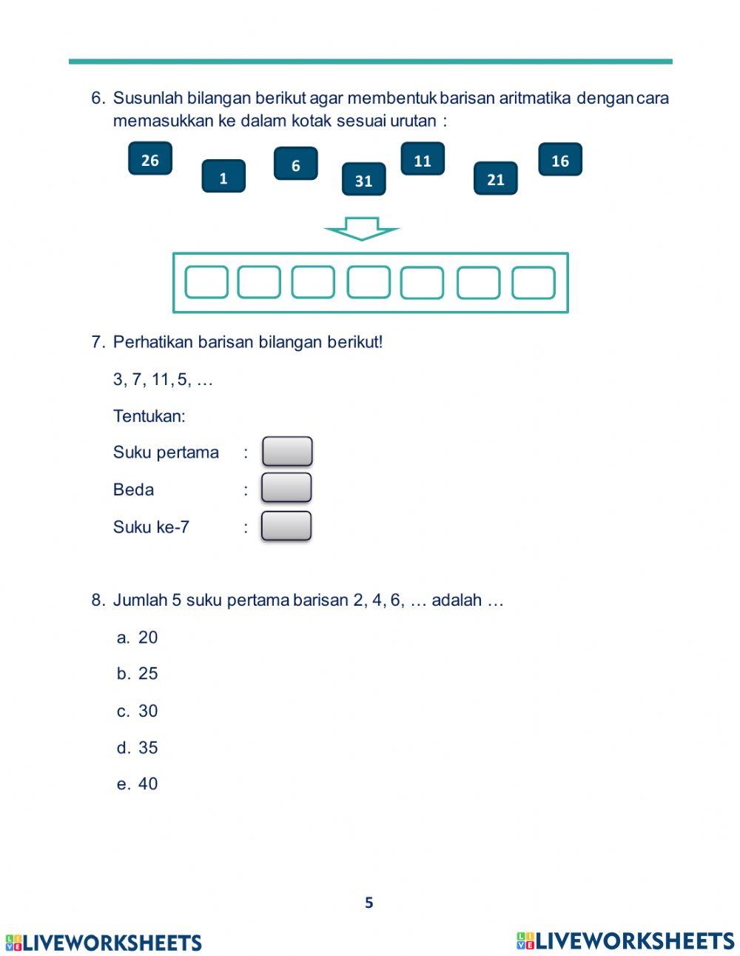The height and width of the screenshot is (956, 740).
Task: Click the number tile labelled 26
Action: (149, 159)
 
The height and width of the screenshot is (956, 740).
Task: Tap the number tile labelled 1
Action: (223, 177)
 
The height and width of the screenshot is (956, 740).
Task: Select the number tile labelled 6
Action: (295, 164)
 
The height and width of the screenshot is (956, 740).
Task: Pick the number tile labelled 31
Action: (363, 180)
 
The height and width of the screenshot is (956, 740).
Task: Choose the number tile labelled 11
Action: (423, 160)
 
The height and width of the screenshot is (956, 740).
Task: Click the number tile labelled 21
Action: (495, 178)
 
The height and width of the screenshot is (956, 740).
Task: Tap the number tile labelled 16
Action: (560, 160)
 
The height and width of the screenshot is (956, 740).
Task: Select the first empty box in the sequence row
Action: (206, 282)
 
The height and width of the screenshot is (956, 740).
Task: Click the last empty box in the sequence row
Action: (534, 282)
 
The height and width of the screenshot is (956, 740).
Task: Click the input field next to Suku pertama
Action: (287, 452)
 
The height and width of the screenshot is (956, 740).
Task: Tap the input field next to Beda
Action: (286, 488)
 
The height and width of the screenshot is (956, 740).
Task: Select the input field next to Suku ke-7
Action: (286, 527)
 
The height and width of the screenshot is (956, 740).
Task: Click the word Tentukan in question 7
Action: (149, 416)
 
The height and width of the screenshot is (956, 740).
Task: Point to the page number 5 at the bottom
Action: (369, 903)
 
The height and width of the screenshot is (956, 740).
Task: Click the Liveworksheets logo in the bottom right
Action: (625, 940)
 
